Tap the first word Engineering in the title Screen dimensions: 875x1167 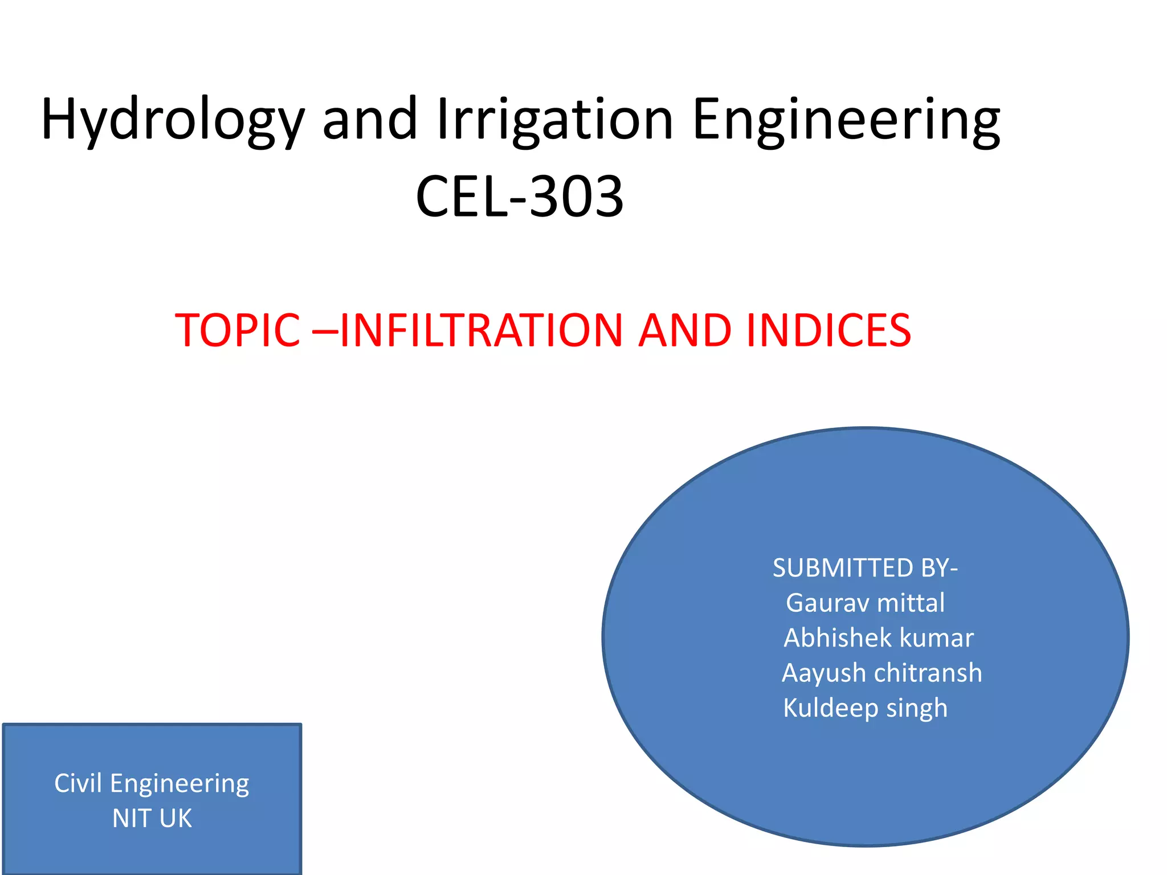(x=846, y=121)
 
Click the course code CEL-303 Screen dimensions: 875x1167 (x=520, y=197)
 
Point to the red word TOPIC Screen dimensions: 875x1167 (x=238, y=330)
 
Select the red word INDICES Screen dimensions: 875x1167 (x=829, y=330)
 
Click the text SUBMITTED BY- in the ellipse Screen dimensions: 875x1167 (x=865, y=568)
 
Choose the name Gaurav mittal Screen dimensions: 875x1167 (x=865, y=603)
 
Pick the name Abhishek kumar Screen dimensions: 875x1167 (x=878, y=637)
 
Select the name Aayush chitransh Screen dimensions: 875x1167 (x=882, y=673)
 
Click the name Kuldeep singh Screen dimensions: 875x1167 (x=865, y=708)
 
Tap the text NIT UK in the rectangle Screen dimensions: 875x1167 (x=152, y=818)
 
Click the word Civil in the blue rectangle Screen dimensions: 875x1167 (x=77, y=783)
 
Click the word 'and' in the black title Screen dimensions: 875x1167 (x=370, y=121)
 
